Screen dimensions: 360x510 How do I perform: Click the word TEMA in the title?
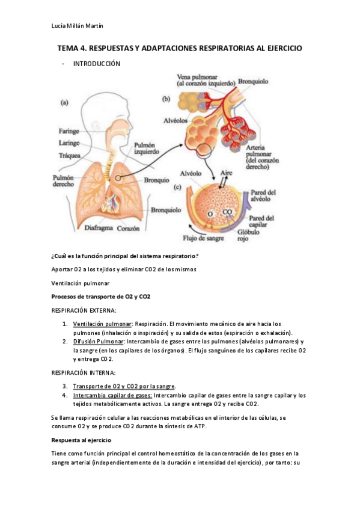68,48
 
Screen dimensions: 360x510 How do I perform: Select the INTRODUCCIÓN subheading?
96,64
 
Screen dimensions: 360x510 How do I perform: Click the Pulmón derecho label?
62,181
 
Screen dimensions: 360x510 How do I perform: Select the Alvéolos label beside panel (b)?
177,120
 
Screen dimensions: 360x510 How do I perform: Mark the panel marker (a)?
65,102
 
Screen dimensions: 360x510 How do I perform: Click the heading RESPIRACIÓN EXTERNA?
84,310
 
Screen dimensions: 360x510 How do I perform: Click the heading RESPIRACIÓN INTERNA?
84,373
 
